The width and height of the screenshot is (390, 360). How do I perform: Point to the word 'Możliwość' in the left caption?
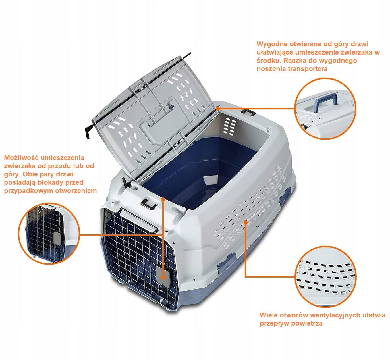[22, 157]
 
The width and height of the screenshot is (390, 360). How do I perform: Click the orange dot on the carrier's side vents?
[246, 222]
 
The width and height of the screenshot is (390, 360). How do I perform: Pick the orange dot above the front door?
[163, 199]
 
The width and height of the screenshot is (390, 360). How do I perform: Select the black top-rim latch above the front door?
[149, 204]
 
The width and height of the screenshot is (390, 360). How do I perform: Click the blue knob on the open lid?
[172, 107]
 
